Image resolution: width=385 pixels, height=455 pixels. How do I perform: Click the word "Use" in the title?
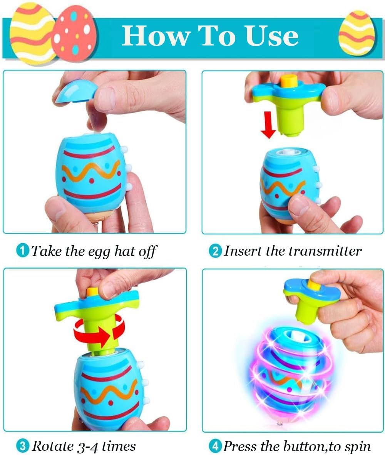tap(272, 35)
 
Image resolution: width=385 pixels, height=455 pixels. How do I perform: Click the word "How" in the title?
tap(156, 35)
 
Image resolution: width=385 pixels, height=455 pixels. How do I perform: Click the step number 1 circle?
tap(23, 251)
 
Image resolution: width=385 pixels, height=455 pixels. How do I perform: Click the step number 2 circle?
tap(215, 251)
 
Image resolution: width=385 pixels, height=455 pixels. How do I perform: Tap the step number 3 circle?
tap(23, 446)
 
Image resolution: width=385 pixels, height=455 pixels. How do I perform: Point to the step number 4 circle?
tap(215, 446)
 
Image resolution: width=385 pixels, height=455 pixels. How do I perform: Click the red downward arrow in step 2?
tap(268, 124)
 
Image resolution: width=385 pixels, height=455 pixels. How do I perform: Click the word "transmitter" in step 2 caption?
tap(325, 251)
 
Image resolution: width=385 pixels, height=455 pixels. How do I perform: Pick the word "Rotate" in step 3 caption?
tap(53, 446)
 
